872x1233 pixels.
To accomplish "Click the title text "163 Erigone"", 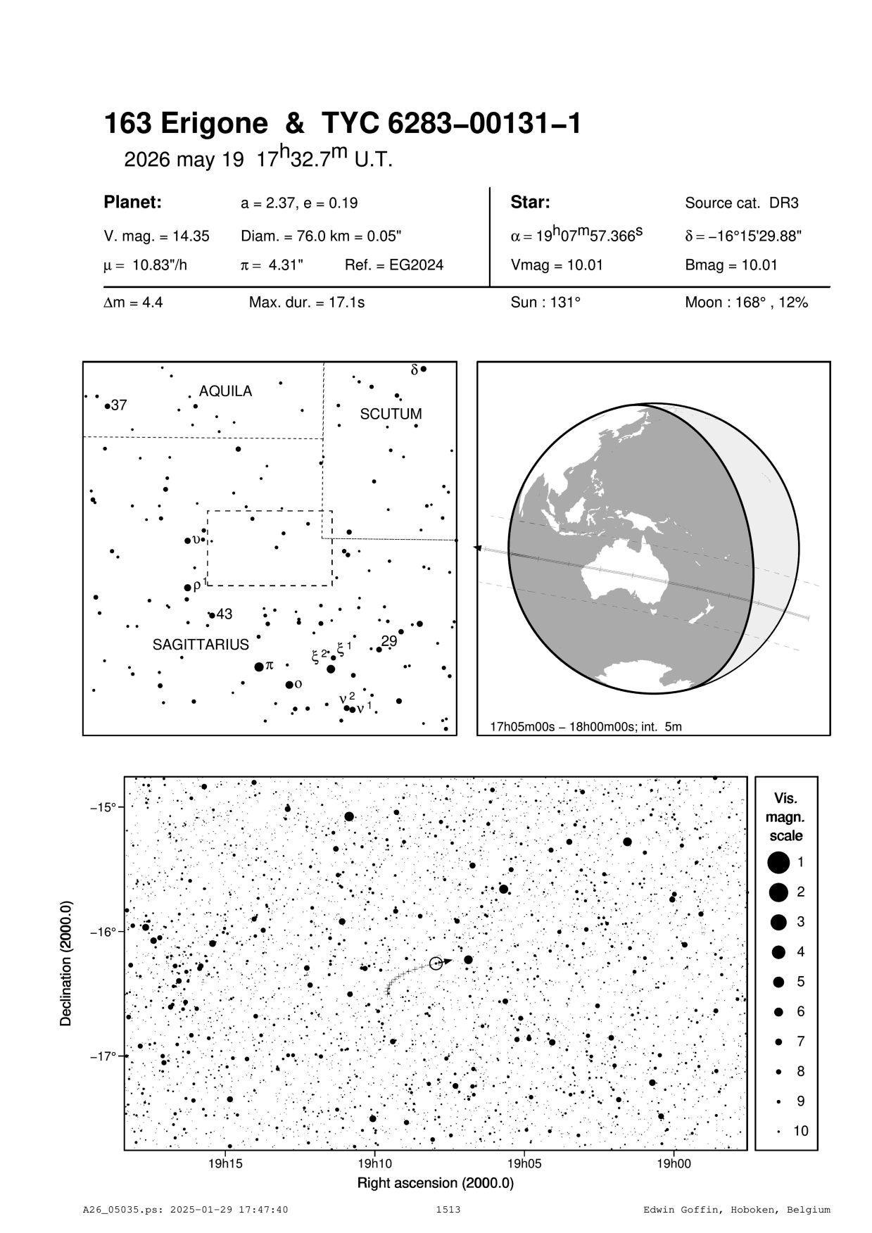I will pos(186,125).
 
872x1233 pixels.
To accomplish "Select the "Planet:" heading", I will pos(132,203).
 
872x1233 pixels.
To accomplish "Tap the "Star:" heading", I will pos(530,203).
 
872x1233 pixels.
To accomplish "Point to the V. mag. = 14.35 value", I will pos(156,236).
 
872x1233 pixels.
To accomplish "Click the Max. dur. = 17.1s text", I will pos(306,303).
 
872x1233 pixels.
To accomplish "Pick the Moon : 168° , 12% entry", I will pos(746,303).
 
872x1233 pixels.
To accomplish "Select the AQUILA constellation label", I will pos(225,391).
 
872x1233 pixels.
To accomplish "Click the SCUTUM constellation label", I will pos(391,414).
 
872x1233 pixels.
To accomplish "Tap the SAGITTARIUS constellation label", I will pos(201,645).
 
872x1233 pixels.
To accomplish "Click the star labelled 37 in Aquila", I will pos(107,406).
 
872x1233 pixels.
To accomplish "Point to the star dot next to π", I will pos(259,666).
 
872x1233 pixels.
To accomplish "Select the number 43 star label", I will pos(224,614).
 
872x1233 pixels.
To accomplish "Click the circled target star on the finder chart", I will pos(436,963).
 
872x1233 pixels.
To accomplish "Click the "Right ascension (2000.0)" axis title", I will pos(435,1183).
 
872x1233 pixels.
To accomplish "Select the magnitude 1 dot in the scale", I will pos(778,861).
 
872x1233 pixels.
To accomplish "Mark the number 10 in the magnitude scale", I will pos(801,1131).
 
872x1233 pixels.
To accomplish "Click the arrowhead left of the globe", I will pos(477,548).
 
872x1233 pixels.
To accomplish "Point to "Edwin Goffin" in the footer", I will pos(673,1210).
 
